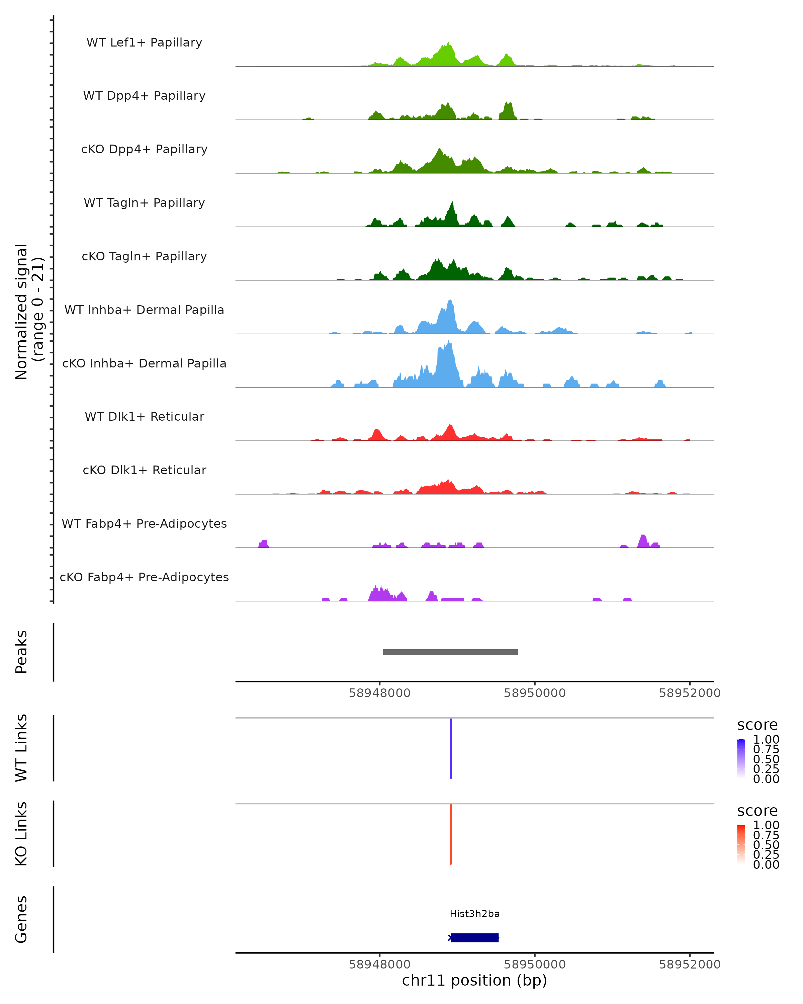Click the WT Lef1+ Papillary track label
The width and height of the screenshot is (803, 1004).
(144, 43)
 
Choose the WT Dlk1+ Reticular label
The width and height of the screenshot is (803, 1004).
(144, 416)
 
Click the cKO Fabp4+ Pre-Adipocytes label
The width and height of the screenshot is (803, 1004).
(144, 577)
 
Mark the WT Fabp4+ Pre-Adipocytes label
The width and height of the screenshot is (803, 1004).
(144, 523)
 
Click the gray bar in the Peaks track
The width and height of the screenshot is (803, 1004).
(450, 652)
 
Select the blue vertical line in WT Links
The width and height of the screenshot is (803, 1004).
(451, 748)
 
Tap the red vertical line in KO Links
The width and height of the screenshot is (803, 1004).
(451, 834)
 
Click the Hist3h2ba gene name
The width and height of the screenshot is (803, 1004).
(474, 914)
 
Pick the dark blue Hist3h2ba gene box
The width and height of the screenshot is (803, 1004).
(474, 937)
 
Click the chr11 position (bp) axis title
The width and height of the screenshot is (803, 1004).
(474, 980)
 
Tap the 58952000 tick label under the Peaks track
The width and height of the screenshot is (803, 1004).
(690, 693)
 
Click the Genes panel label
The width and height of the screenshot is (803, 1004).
(21, 919)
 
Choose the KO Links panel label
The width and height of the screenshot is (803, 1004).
(21, 834)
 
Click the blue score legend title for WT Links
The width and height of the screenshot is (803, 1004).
(757, 725)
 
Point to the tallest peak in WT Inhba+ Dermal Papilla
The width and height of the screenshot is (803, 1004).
(450, 302)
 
